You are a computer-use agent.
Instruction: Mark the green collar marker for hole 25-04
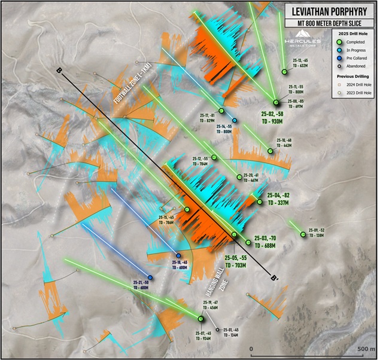coord(260,202)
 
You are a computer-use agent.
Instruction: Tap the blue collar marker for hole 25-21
coord(150,277)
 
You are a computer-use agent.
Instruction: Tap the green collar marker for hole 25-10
coord(270,151)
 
